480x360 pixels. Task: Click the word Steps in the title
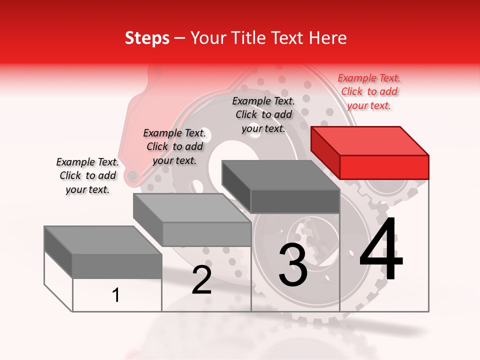(147, 38)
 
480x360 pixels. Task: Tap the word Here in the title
(327, 38)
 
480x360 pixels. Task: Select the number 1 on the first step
(116, 295)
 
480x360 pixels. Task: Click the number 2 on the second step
(201, 280)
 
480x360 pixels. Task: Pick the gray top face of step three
(280, 175)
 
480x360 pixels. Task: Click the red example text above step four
(369, 91)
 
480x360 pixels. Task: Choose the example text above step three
(263, 114)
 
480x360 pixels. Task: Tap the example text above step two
(174, 146)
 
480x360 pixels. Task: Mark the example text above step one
(87, 175)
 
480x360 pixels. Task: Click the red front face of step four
(384, 167)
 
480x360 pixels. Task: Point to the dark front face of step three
(295, 201)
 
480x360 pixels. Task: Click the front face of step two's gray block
(206, 234)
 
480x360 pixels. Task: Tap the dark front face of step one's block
(117, 266)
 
